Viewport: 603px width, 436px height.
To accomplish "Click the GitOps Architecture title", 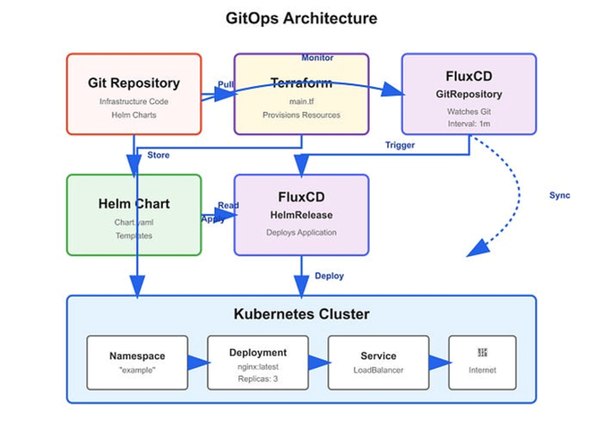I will tap(301, 18).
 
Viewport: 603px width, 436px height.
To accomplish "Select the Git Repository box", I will tap(134, 94).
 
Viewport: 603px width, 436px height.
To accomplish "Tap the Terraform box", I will tap(301, 94).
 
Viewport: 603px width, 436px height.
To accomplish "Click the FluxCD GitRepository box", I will tap(469, 94).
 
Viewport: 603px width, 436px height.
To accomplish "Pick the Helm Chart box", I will tap(134, 215).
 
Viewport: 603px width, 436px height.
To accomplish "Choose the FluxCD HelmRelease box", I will tap(301, 215).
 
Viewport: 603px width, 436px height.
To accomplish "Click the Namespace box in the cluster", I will tap(137, 362).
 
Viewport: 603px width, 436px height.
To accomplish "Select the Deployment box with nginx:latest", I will tap(258, 362).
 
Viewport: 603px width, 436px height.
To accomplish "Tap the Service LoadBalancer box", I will tap(378, 362).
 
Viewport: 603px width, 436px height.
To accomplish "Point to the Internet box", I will tap(482, 362).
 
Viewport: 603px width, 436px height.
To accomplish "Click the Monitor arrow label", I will tap(317, 58).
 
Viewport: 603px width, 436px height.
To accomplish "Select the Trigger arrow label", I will tap(400, 145).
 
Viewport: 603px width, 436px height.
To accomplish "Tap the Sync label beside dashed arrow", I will tap(559, 196).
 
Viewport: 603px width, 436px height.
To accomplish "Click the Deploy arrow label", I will tap(329, 276).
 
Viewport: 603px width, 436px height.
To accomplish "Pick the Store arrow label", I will tap(158, 156).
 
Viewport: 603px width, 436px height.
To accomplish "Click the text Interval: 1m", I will tap(469, 123).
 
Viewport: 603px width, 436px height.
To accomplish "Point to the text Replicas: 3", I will tap(258, 379).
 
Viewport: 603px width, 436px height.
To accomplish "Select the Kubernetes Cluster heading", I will tap(301, 314).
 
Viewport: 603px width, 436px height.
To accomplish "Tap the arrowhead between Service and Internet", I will tap(439, 362).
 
